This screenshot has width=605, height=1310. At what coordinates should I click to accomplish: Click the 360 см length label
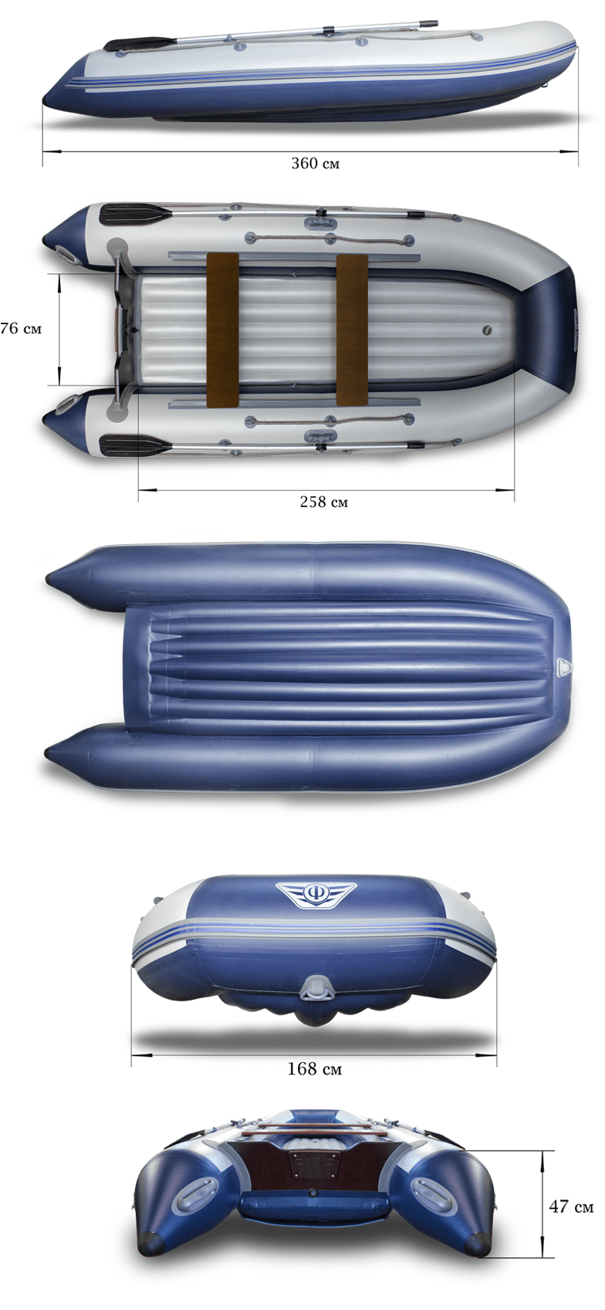(x=315, y=164)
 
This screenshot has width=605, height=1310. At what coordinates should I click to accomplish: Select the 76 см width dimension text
(x=22, y=328)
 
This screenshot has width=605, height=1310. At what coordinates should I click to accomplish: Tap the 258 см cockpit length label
(x=323, y=502)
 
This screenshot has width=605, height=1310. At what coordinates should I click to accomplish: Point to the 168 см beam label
(x=314, y=1069)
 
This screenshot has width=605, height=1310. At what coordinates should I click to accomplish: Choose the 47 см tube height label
(x=571, y=1206)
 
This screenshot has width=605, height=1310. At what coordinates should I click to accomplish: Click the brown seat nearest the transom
(x=222, y=330)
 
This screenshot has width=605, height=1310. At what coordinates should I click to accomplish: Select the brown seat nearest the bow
(x=352, y=330)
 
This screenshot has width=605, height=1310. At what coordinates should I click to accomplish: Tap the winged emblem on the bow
(x=316, y=894)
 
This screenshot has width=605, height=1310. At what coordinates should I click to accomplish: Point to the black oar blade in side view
(x=140, y=44)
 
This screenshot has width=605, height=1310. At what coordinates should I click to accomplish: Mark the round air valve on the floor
(x=487, y=330)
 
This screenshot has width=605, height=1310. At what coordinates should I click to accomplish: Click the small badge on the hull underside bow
(x=564, y=666)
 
